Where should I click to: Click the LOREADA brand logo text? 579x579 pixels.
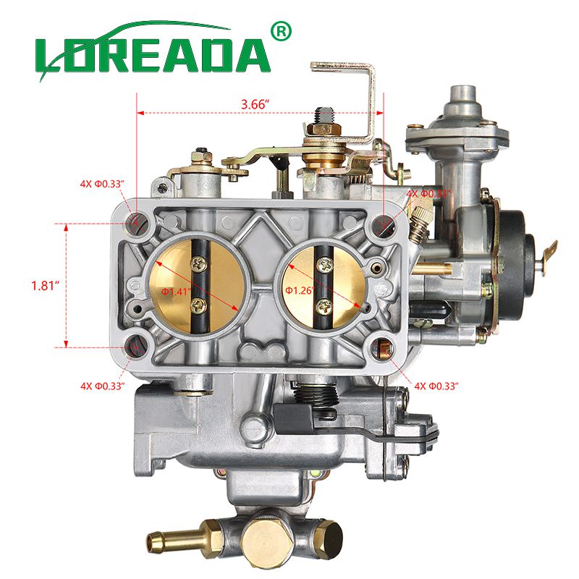click(152, 54)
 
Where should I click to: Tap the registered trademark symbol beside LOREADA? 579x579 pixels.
click(281, 31)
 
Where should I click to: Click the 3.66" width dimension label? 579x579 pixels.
click(255, 103)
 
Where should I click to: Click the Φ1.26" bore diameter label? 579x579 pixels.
click(297, 290)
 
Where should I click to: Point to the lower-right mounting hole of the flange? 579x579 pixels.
click(383, 350)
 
